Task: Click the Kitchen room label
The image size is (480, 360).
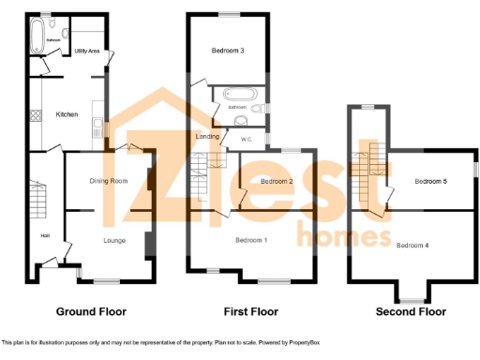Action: click(x=67, y=114)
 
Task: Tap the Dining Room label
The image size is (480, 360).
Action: click(x=108, y=180)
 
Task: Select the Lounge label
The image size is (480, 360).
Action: click(x=115, y=241)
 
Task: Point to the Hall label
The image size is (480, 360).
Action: click(x=45, y=235)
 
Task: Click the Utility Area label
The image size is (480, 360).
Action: click(x=87, y=51)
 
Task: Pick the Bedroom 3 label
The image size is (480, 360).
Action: click(x=229, y=51)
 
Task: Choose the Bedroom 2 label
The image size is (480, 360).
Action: click(x=277, y=181)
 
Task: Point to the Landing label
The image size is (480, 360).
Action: click(x=206, y=137)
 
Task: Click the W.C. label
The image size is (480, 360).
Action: click(x=247, y=141)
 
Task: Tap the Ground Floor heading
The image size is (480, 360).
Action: click(x=92, y=310)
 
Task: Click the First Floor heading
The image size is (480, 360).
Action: click(x=247, y=310)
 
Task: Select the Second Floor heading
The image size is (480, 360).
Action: click(x=411, y=311)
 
